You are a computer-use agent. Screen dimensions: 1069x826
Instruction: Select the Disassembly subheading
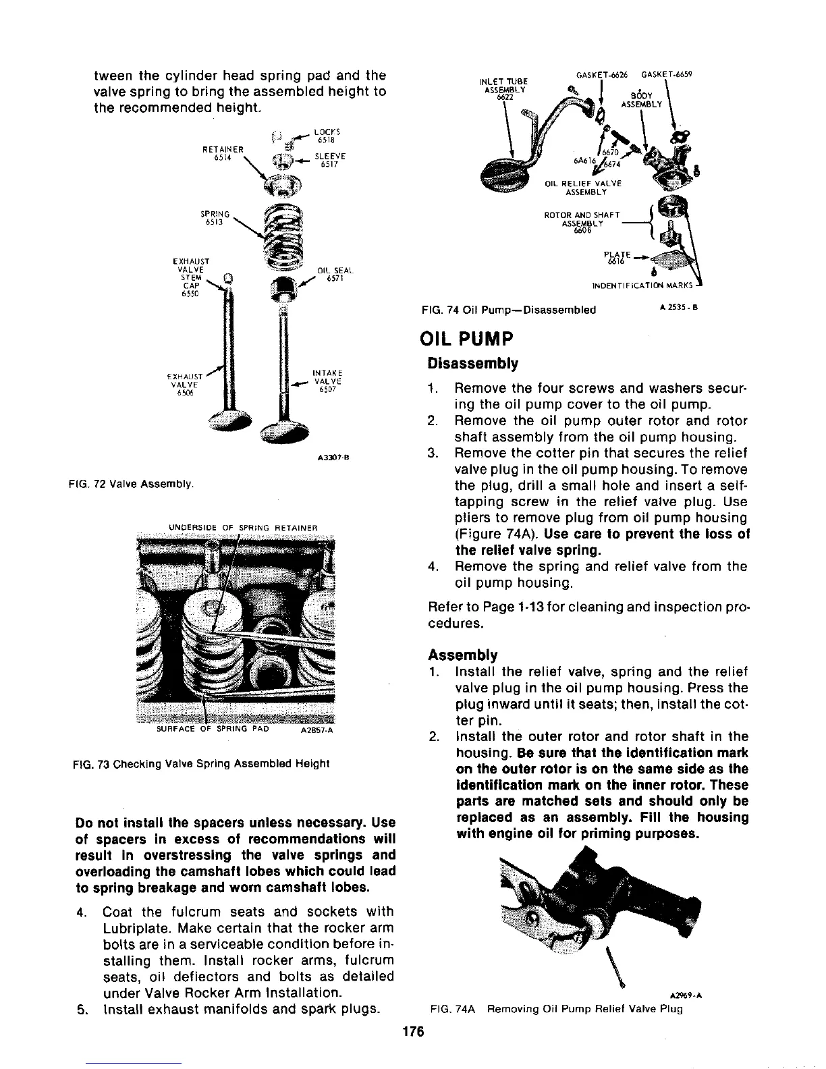coord(473,364)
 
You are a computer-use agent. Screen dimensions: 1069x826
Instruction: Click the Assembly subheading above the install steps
coord(462,655)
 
